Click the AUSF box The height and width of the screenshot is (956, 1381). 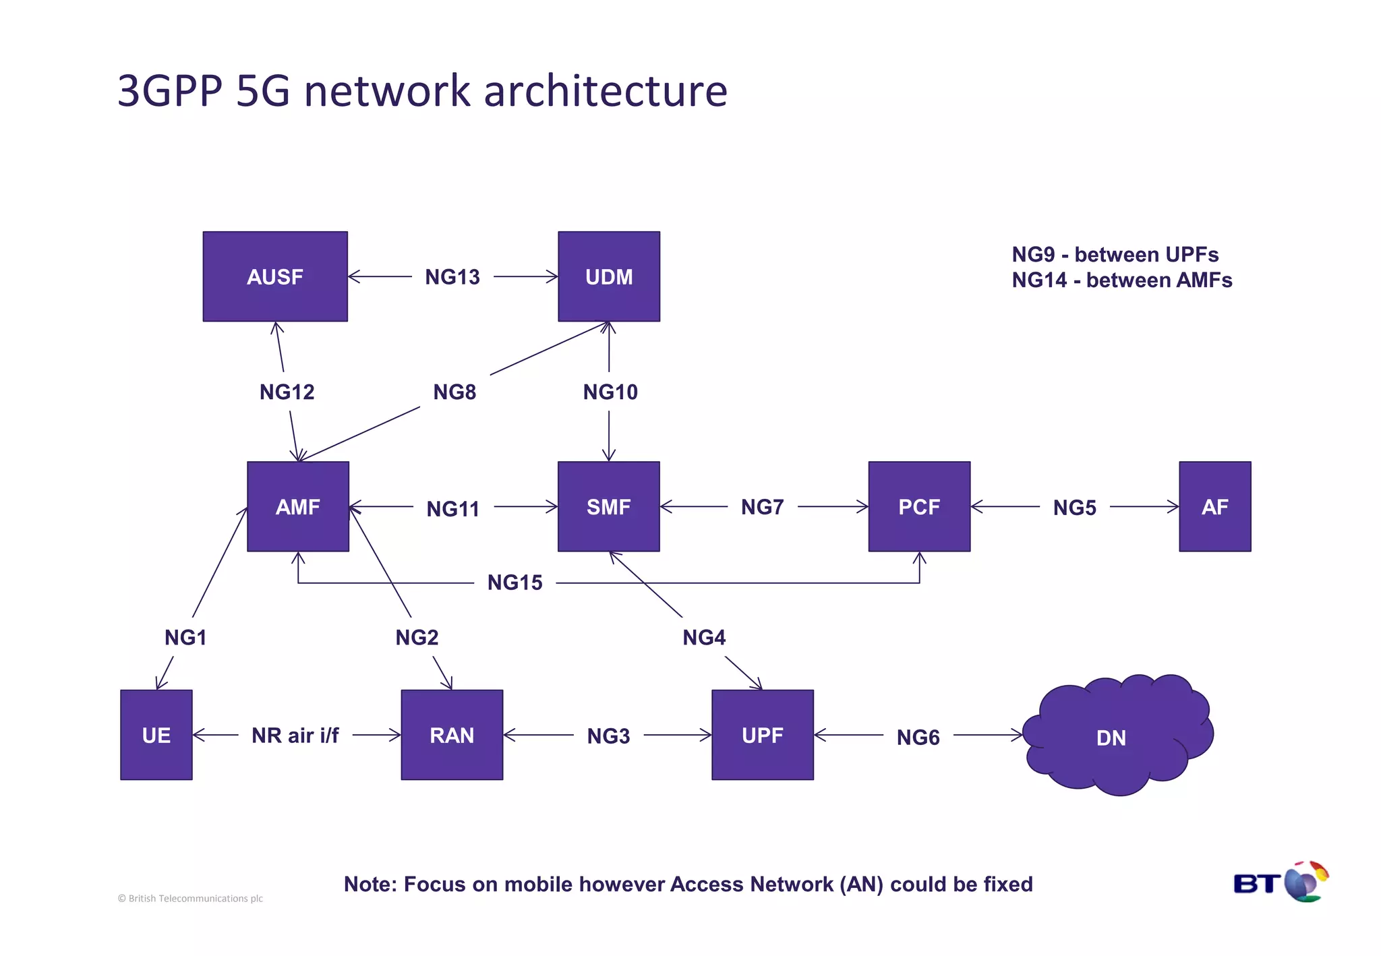pos(275,276)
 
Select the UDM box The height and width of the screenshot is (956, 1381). pos(609,276)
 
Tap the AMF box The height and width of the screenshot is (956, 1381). pos(298,506)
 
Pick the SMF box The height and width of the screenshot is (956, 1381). pos(609,506)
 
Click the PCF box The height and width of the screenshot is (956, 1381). pos(919,506)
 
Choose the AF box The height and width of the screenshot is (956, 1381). pos(1214,506)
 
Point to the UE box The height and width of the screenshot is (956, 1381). pos(156,735)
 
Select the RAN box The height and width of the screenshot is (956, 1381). pos(452,735)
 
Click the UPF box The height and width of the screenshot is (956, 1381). pos(763,735)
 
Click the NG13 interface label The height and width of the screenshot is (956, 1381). pos(452,277)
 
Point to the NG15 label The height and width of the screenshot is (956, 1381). pos(515,582)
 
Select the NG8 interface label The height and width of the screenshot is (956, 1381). pos(454,392)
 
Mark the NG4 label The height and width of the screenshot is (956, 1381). pos(704,638)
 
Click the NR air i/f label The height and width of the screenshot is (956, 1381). pos(295,736)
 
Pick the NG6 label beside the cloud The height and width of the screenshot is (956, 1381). pos(918,738)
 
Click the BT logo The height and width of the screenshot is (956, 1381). pos(1281,883)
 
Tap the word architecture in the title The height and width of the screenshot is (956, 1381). pos(606,91)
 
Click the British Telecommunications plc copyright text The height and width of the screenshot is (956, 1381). pos(191,899)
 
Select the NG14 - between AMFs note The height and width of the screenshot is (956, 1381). pos(1121,280)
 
